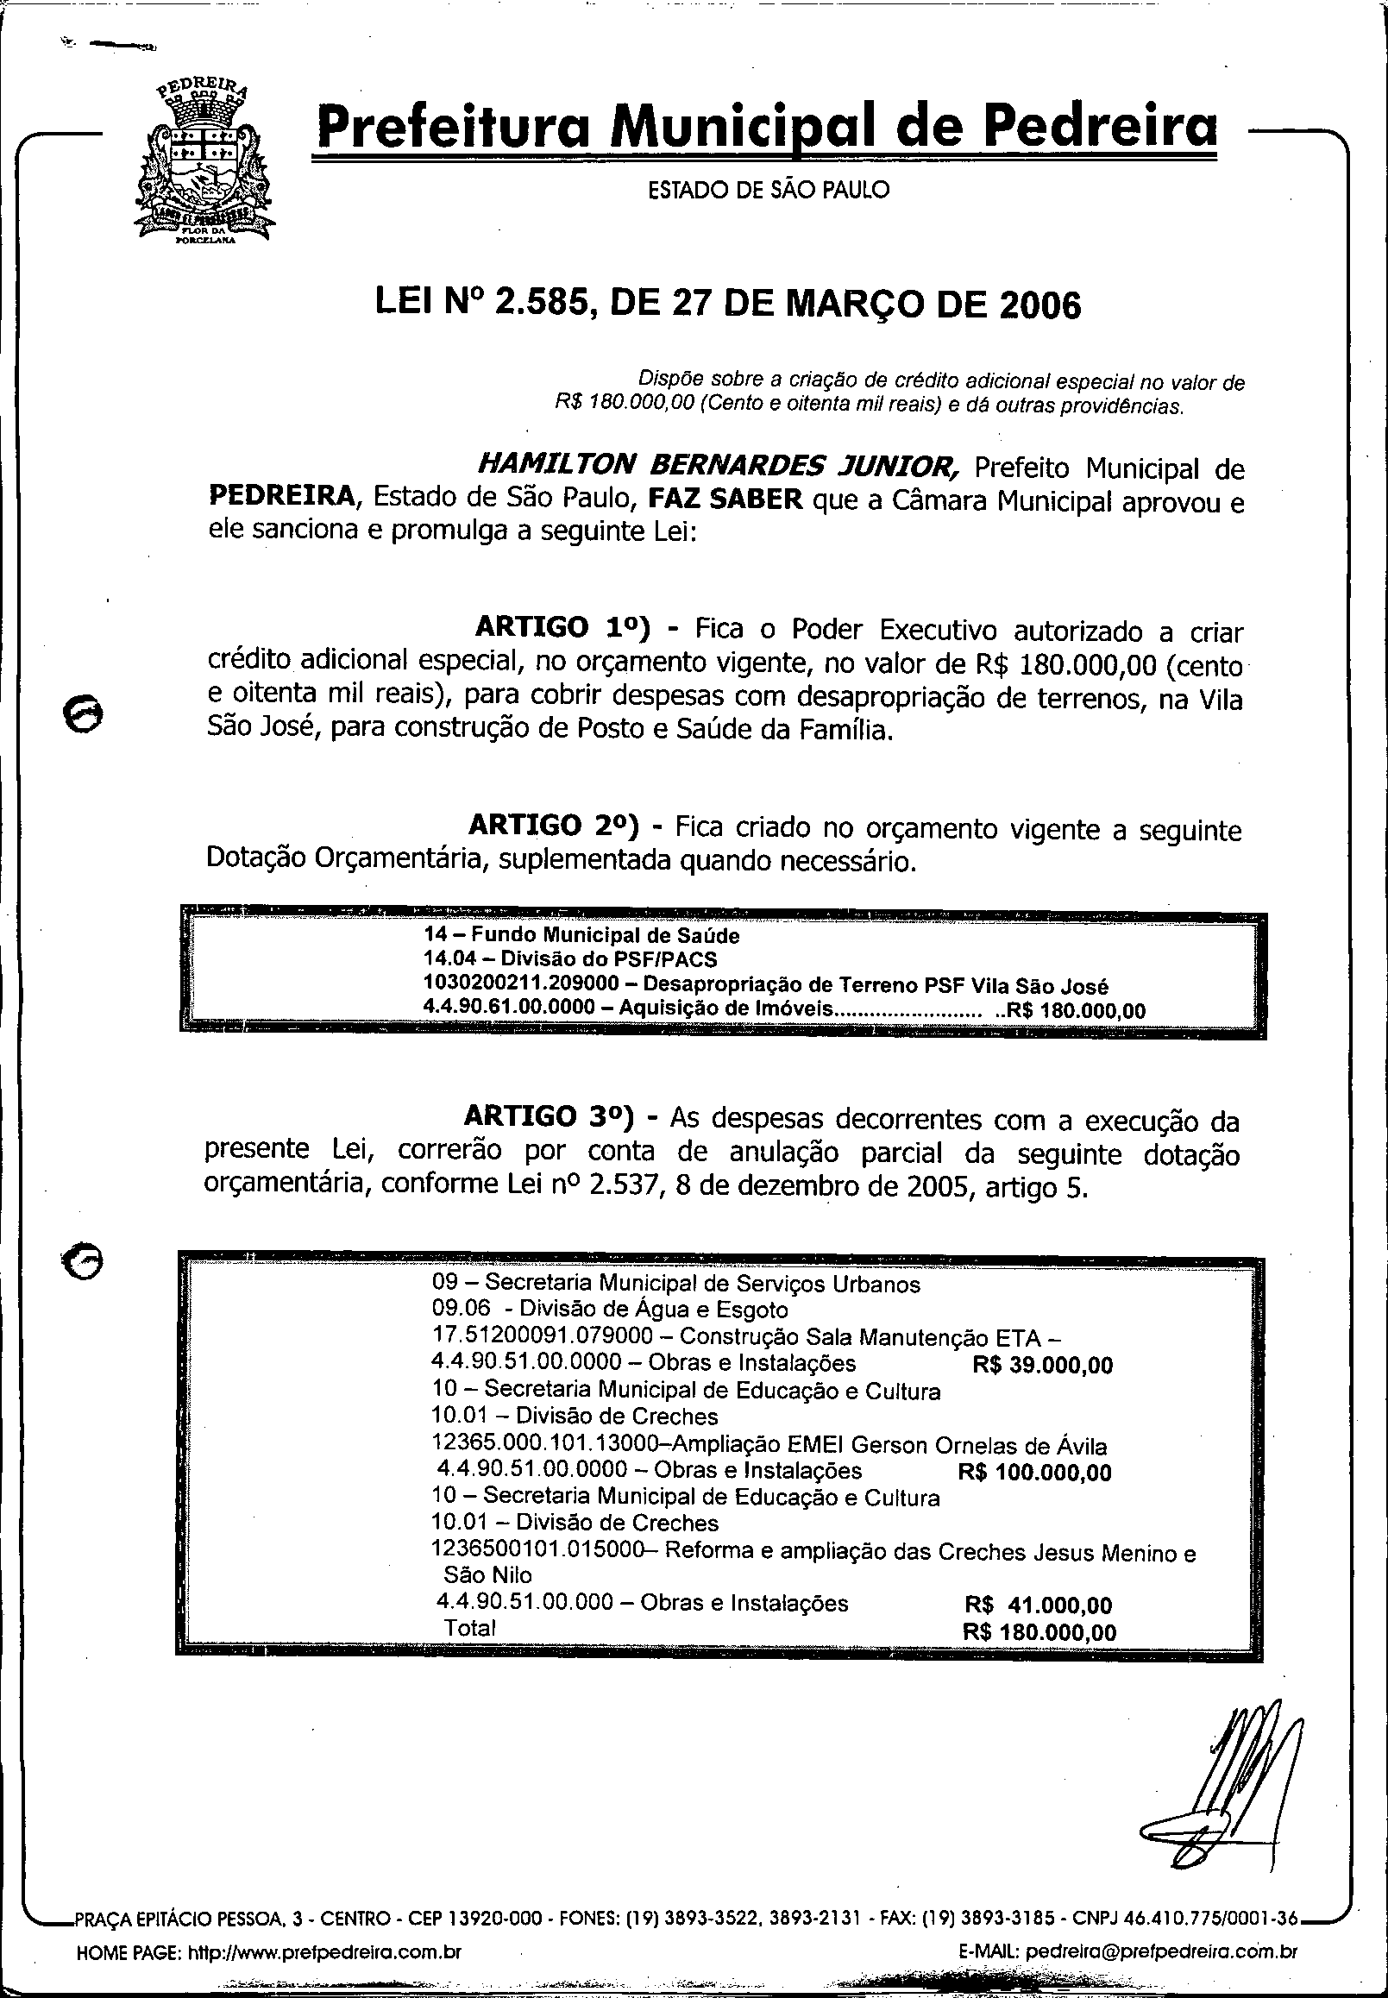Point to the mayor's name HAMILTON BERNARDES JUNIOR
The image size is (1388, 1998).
coord(719,468)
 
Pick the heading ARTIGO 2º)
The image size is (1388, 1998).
coord(554,823)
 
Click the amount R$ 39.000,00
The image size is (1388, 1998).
coord(1043,1364)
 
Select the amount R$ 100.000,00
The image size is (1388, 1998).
coord(1035,1472)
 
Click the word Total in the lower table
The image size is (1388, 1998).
coord(469,1627)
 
